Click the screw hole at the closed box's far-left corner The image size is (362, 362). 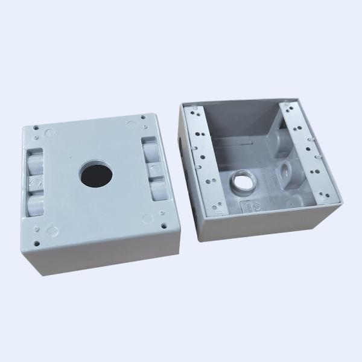tap(37, 127)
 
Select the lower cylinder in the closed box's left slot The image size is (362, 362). tap(36, 202)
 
